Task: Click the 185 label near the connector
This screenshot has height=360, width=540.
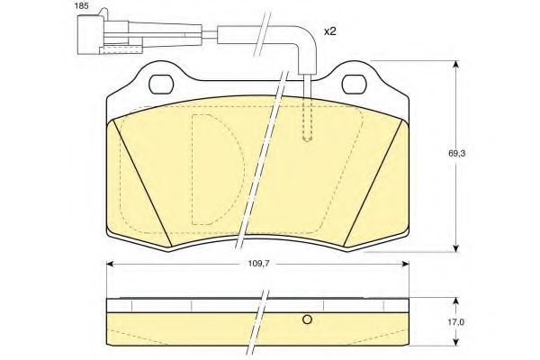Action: (82, 6)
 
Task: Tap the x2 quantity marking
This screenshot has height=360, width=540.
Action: (329, 31)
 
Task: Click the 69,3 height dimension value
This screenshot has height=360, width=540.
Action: (456, 154)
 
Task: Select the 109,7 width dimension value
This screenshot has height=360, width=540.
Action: (258, 264)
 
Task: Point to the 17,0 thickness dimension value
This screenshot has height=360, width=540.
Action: (456, 322)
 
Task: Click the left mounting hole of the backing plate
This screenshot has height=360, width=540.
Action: (161, 84)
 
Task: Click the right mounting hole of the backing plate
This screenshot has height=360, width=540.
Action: (354, 84)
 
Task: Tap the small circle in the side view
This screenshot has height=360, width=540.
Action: (307, 319)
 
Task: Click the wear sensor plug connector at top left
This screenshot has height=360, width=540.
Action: (103, 33)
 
